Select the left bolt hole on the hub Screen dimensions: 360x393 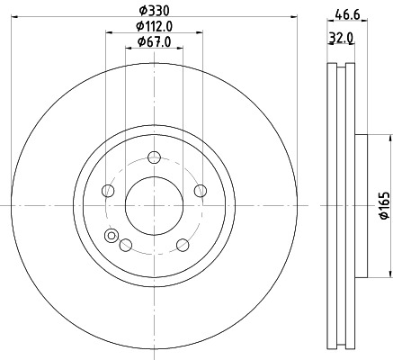(x=109, y=190)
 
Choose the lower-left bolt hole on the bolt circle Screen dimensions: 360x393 (x=126, y=244)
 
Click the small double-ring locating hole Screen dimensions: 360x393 (x=112, y=237)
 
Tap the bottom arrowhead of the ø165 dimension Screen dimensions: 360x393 (x=390, y=274)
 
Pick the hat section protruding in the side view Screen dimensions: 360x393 (x=361, y=205)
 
